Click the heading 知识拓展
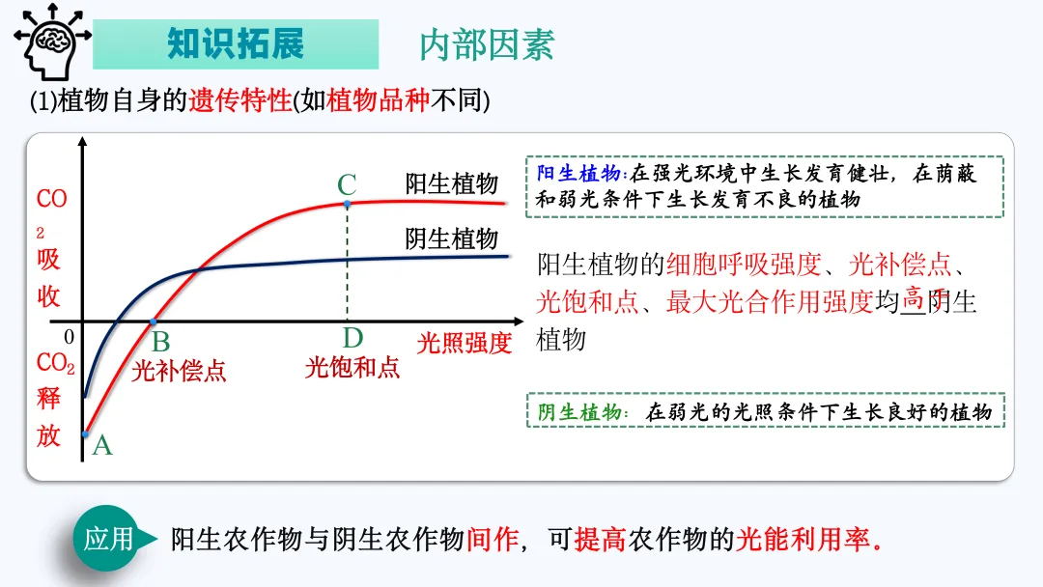tap(236, 43)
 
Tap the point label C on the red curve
tap(347, 184)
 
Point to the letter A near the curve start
tap(101, 445)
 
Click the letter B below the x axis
tap(160, 341)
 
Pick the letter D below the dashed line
tap(352, 338)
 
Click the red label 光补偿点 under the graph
tap(179, 370)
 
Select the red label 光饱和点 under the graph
tap(352, 367)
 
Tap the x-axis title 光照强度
tap(464, 343)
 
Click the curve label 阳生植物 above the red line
tap(451, 184)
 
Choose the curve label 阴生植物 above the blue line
tap(451, 238)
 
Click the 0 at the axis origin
tap(69, 337)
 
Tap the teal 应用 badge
tap(108, 539)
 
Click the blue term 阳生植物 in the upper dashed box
tap(579, 174)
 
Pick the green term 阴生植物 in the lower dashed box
tap(579, 412)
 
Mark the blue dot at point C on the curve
tap(347, 204)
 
